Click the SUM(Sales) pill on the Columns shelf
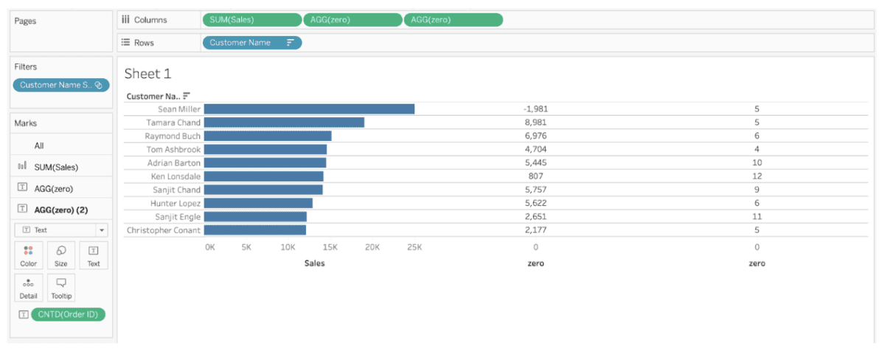click(252, 20)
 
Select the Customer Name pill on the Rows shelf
click(252, 43)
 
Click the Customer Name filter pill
click(61, 85)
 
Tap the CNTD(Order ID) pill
click(68, 314)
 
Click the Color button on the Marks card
click(29, 256)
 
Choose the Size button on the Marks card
click(60, 256)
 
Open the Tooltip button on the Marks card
click(61, 288)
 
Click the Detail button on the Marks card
click(29, 288)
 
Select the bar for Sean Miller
click(309, 109)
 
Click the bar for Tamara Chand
click(284, 122)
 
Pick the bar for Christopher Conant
click(255, 230)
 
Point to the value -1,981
click(535, 109)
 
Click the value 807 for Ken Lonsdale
click(535, 176)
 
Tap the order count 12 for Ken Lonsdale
click(757, 176)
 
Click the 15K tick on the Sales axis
click(330, 247)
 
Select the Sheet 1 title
click(147, 74)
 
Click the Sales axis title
click(314, 263)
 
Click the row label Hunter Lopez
click(176, 203)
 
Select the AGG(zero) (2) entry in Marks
click(61, 210)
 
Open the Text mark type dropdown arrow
click(102, 230)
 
